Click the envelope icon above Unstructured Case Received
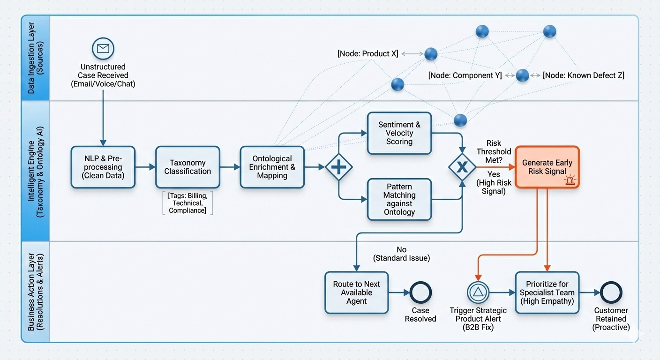click(103, 48)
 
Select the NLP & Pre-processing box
click(103, 167)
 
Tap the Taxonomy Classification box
click(187, 167)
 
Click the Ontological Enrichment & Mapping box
click(272, 167)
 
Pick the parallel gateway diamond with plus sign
click(338, 167)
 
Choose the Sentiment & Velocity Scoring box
click(399, 133)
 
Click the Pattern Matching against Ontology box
click(399, 199)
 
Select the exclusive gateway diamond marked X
click(462, 167)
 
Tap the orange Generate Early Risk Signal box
click(547, 167)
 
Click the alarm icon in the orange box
click(570, 180)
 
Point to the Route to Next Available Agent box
click(357, 292)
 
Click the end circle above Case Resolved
click(420, 292)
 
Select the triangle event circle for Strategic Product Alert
click(478, 292)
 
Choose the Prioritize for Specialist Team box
click(547, 292)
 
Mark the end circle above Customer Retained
click(611, 292)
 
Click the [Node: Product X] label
click(368, 54)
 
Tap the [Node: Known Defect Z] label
click(584, 75)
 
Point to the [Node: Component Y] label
click(465, 75)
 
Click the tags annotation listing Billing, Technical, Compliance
click(187, 203)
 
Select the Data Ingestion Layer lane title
click(36, 58)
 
